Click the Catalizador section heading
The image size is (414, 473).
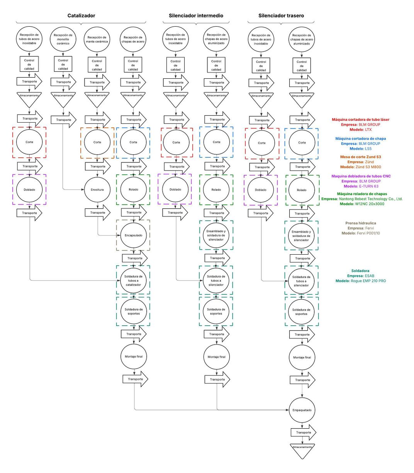tap(81, 16)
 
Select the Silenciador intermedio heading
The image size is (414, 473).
tap(196, 16)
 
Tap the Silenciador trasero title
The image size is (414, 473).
tap(281, 16)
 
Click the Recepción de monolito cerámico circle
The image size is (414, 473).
tap(63, 39)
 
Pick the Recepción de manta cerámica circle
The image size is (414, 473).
tap(97, 39)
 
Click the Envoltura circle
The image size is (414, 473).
tap(97, 189)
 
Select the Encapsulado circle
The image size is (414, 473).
tap(133, 235)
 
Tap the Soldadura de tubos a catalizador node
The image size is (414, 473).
tap(133, 280)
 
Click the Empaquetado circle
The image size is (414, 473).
tap(302, 410)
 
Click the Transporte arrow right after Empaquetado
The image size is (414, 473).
tap(303, 432)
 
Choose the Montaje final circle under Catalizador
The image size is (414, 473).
tap(134, 356)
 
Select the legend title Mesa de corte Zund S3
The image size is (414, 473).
tap(360, 157)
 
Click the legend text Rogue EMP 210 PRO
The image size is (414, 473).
tap(368, 281)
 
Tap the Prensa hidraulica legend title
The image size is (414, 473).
tap(360, 223)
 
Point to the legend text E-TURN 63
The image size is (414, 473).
tap(368, 186)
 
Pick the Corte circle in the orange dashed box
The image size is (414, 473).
tap(97, 142)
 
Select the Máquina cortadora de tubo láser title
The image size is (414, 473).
tap(360, 120)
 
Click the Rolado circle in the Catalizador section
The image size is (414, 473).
tap(133, 189)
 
